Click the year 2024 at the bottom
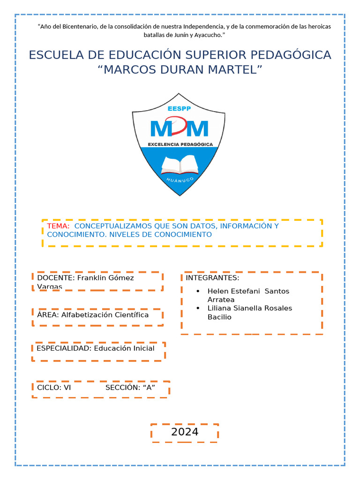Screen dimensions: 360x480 tap(185, 432)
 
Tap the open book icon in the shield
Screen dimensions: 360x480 tap(180, 165)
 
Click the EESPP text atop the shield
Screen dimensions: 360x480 tap(179, 108)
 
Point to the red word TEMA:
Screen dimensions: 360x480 tap(58, 226)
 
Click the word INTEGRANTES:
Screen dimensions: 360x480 tap(212, 278)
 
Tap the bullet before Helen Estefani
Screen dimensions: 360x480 tap(199, 291)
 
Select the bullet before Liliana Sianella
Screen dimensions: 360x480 tap(199, 308)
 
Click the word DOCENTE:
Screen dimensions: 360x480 tap(56, 278)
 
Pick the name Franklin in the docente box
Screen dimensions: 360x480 tap(93, 278)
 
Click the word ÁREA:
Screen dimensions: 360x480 tap(48, 315)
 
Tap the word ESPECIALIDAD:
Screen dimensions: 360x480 tap(64, 348)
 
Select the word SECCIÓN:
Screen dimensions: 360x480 tap(123, 388)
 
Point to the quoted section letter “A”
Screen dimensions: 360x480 tap(150, 388)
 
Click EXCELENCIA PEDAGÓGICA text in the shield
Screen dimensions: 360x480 tap(180, 144)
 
